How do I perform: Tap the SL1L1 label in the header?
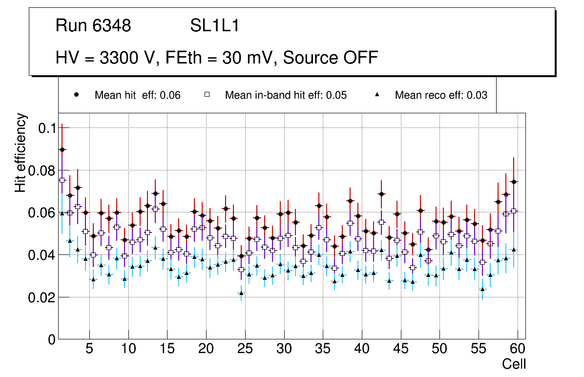215,25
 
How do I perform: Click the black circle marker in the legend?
76,95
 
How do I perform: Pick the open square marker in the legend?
207,95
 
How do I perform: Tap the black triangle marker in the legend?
377,95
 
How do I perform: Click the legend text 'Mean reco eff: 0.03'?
441,95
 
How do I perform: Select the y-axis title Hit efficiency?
21,153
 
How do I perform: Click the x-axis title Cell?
514,364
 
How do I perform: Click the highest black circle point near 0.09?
62,149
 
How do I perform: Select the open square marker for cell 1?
62,180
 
